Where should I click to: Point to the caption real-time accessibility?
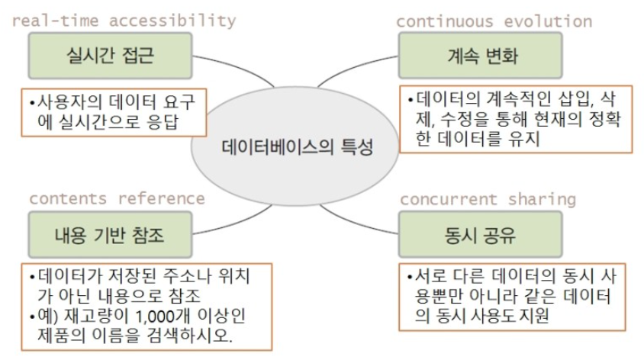click(123, 21)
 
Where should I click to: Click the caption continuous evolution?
click(494, 21)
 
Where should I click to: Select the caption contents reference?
click(117, 198)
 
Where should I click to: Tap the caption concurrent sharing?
click(488, 199)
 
